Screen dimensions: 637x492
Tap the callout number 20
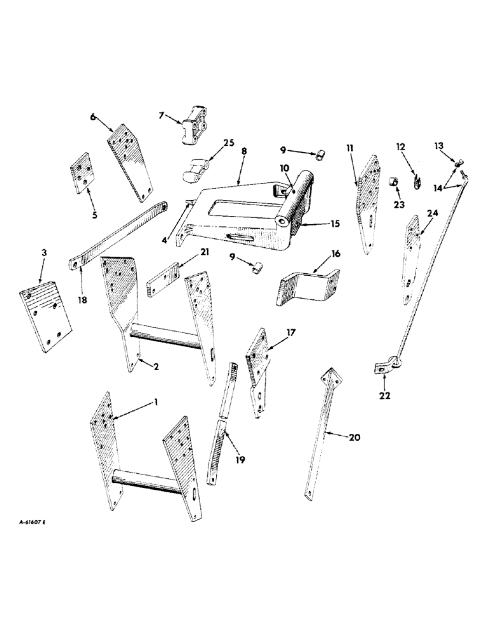click(355, 438)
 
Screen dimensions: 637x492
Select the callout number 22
click(385, 395)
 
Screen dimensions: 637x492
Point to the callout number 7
click(161, 115)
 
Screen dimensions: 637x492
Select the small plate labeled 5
click(81, 173)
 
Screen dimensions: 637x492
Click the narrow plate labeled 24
click(410, 261)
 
